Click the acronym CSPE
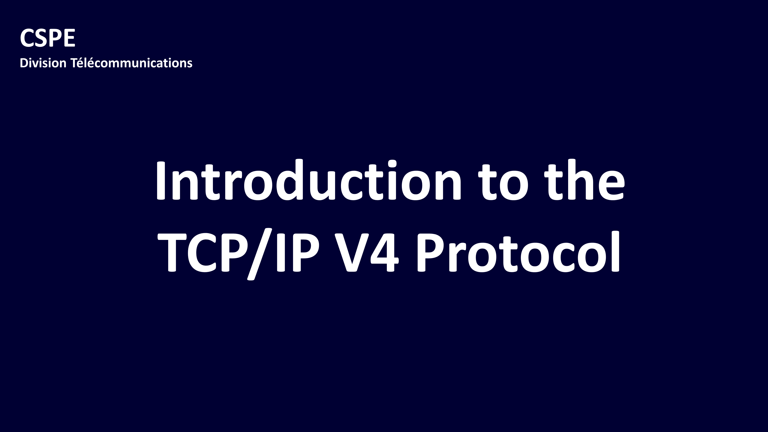point(47,38)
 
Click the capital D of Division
point(24,63)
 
